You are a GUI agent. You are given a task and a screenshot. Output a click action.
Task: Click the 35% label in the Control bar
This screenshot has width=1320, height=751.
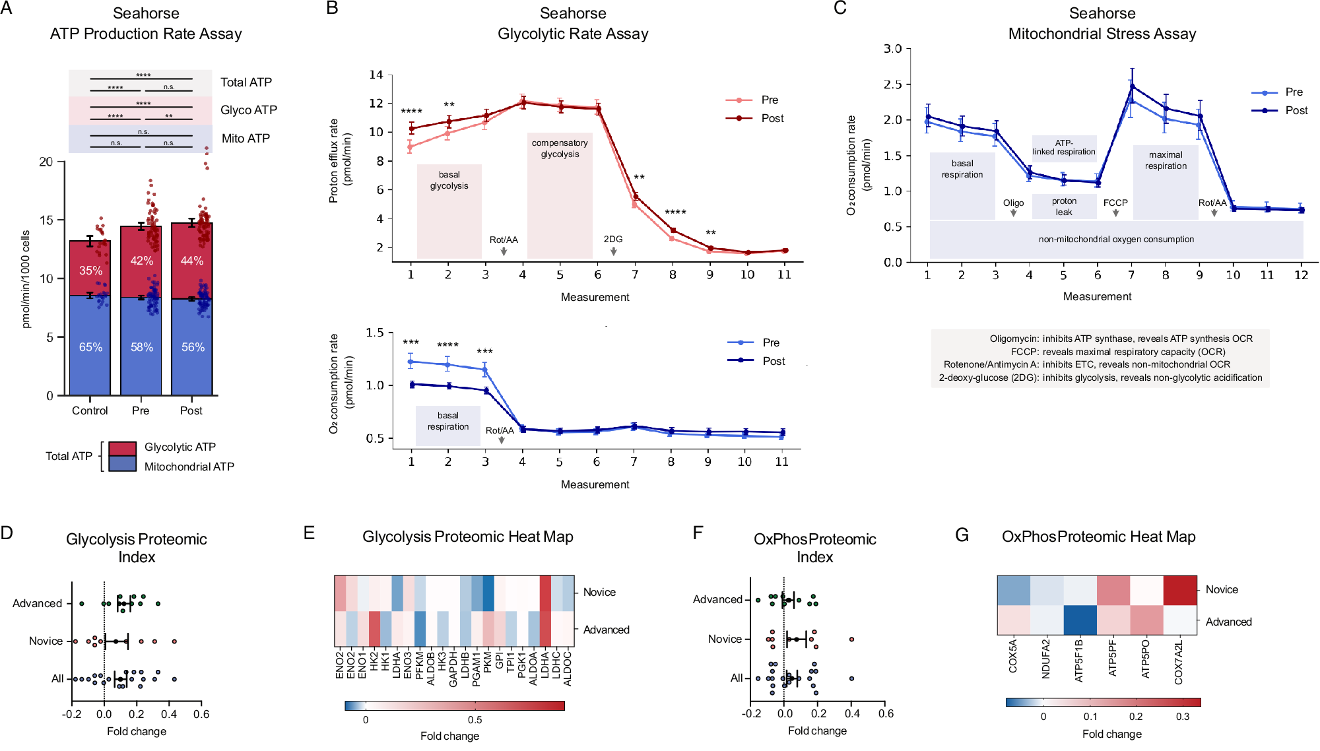(90, 271)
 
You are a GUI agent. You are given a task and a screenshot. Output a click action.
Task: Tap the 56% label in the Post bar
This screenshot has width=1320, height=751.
(193, 347)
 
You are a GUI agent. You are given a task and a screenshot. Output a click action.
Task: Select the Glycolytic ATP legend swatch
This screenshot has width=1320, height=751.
(122, 448)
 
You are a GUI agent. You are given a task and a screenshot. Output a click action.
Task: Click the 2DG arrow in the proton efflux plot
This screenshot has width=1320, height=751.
(614, 251)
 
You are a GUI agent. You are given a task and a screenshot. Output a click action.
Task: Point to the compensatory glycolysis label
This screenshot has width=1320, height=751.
(560, 148)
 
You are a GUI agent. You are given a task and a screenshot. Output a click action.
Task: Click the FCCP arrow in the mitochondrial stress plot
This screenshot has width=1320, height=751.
(1115, 212)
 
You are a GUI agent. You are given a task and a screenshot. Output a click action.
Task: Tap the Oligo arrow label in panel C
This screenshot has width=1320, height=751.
(1013, 203)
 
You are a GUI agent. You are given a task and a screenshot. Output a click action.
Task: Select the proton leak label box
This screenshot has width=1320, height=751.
(1064, 207)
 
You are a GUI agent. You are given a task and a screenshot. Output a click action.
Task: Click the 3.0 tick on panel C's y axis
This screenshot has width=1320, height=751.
(892, 49)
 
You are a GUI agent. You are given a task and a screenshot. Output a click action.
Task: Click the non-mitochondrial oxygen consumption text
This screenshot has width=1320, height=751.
(1116, 240)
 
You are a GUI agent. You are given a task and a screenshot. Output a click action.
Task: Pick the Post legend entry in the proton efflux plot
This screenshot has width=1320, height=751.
(772, 118)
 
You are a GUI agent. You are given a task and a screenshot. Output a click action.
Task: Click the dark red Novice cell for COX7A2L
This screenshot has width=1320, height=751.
(1179, 590)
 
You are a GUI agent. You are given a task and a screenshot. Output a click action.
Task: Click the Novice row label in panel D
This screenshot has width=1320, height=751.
(46, 641)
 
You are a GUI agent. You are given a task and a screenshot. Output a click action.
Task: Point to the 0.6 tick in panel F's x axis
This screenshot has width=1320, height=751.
(886, 713)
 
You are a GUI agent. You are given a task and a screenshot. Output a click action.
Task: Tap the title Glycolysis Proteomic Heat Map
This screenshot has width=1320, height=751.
(467, 537)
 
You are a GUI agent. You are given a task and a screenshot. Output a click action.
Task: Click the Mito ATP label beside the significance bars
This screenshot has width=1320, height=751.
(246, 138)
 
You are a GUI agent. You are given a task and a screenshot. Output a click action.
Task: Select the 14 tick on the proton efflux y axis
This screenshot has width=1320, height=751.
(376, 75)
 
